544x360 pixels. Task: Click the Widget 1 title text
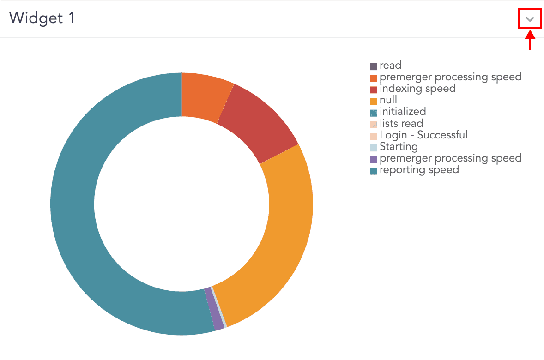point(42,18)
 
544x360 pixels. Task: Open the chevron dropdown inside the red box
point(530,19)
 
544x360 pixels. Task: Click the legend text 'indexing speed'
point(417,88)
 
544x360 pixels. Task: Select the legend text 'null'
point(388,100)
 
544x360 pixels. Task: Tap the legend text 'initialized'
point(402,111)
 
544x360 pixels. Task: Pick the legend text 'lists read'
point(401,123)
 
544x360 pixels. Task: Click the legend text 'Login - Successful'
point(423,135)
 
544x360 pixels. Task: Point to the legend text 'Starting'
point(399,147)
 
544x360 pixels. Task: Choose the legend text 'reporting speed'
point(419,170)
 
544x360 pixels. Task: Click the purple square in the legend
point(374,160)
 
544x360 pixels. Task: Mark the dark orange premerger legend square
point(374,78)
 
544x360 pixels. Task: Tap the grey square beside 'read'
point(374,66)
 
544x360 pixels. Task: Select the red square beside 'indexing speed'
point(374,90)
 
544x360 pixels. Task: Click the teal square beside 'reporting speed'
point(374,171)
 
